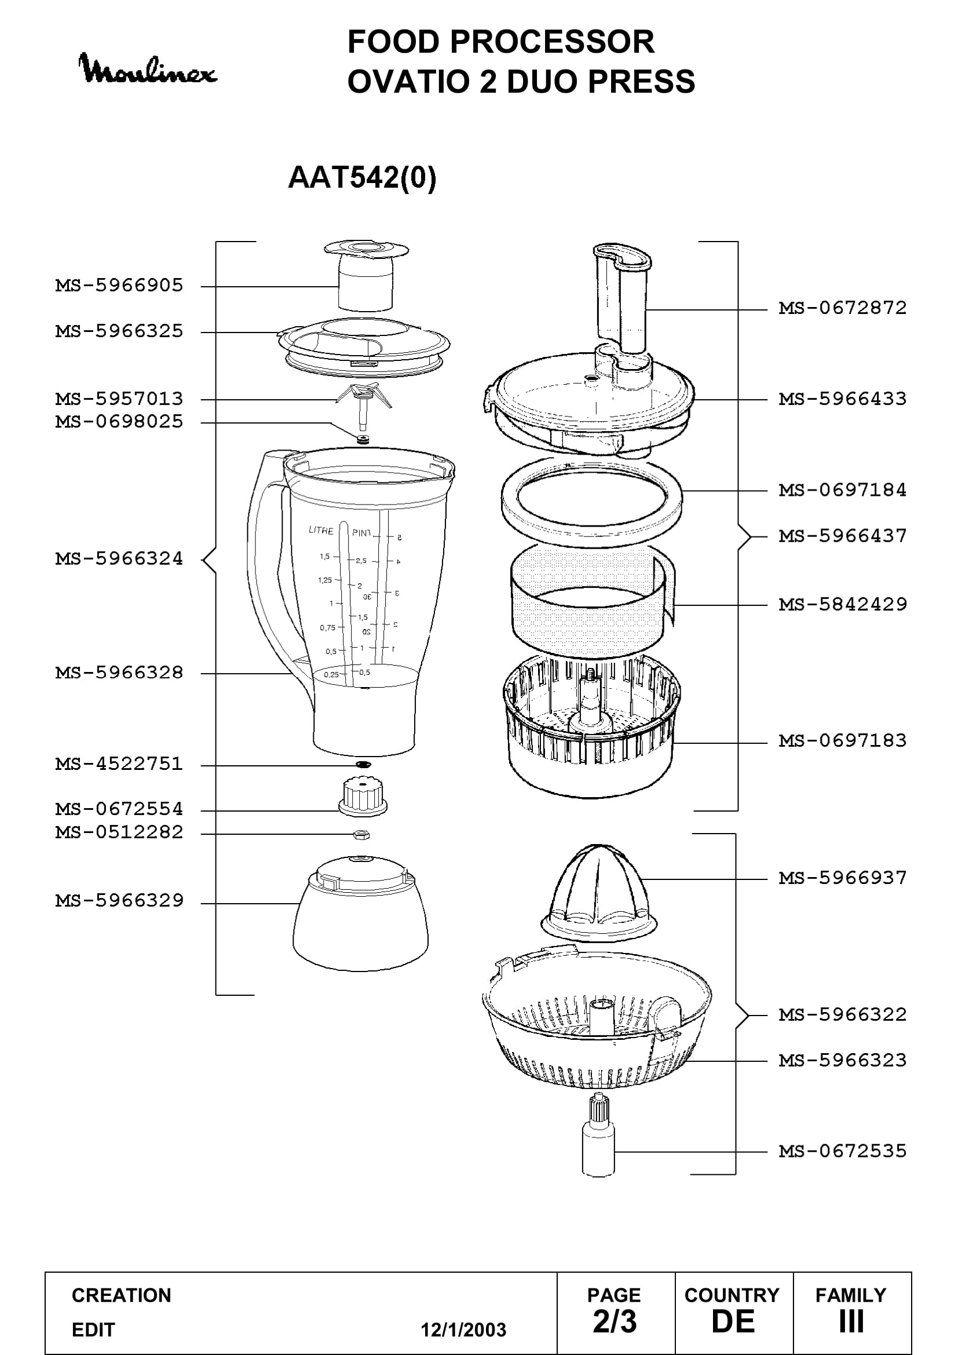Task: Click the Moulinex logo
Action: pos(148,70)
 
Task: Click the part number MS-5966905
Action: pos(119,286)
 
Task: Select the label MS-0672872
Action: pos(842,308)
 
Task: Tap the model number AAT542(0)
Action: pos(362,177)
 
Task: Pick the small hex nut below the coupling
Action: pos(361,834)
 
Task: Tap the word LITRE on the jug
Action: pos(321,530)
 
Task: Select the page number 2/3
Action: pos(615,1321)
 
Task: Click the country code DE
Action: pos(733,1321)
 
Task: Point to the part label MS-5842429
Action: pos(842,604)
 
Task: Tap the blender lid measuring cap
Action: pos(366,275)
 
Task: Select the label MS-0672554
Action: pos(119,809)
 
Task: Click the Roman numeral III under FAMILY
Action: pos(851,1321)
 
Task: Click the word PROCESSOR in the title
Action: pos(552,42)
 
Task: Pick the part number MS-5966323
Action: pos(842,1061)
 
